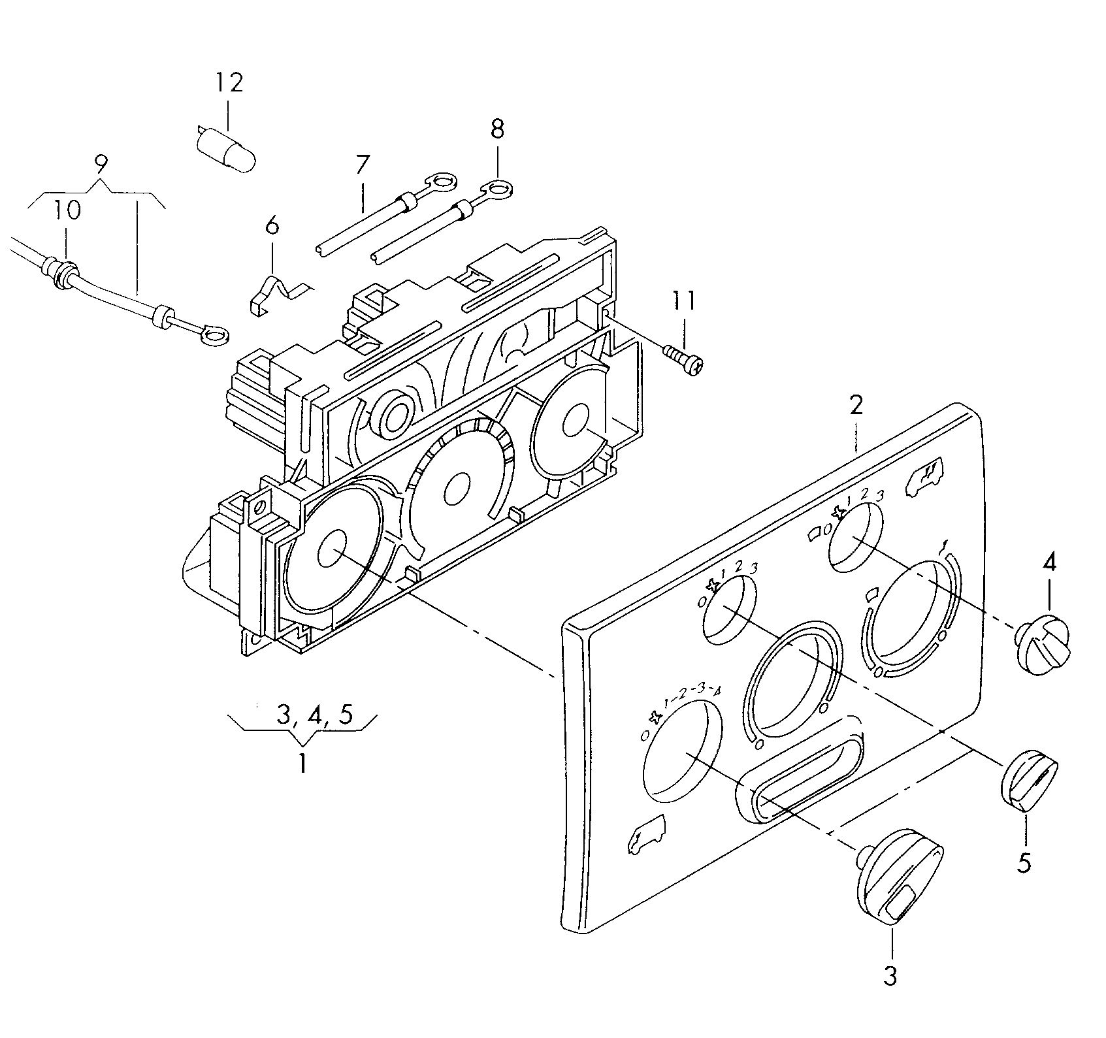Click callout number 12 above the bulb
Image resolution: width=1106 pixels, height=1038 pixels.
229,82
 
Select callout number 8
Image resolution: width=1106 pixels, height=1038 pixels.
497,129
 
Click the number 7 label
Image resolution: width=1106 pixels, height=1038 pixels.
363,164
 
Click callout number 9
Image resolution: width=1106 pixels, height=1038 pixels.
100,164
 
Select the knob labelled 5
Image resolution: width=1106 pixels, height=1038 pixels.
1028,781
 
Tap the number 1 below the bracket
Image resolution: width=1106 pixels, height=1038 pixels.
302,762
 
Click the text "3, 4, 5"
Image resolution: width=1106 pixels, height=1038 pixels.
315,715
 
